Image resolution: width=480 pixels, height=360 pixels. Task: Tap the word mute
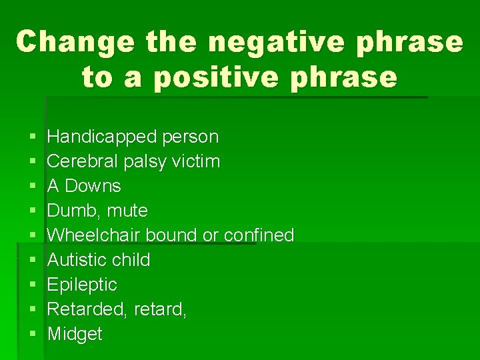point(126,211)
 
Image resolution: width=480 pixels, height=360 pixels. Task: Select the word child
point(131,260)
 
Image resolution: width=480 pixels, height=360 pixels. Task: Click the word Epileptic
point(82,285)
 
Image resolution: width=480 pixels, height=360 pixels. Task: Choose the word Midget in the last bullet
point(75,334)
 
